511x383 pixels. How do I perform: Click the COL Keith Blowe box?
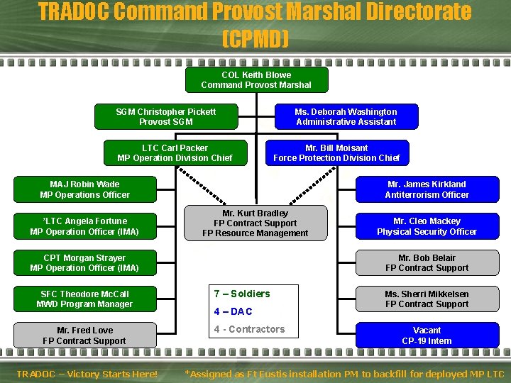click(256, 80)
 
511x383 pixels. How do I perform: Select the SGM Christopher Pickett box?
click(166, 117)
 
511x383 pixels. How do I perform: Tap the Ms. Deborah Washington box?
click(346, 117)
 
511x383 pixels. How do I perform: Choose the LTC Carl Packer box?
click(175, 153)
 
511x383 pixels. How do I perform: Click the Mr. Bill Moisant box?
click(336, 153)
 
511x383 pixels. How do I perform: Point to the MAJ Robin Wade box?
click(84, 189)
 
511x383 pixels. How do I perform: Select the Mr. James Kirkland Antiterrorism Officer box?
click(427, 189)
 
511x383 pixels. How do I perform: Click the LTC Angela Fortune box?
click(84, 226)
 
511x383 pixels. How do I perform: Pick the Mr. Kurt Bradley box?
click(255, 223)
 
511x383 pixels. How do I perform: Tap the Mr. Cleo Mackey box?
click(427, 226)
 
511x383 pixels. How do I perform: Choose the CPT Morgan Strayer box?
click(84, 263)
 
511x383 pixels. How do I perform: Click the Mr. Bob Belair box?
click(427, 263)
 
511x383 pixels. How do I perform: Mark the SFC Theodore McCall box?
click(84, 299)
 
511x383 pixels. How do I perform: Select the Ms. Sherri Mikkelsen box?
click(427, 299)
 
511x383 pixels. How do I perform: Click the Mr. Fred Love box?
click(84, 335)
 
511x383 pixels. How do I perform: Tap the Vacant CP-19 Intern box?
click(427, 335)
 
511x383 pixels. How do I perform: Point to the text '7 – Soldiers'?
click(242, 294)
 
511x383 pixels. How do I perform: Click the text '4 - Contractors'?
click(249, 329)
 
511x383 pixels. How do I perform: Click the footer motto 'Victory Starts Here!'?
click(114, 374)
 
